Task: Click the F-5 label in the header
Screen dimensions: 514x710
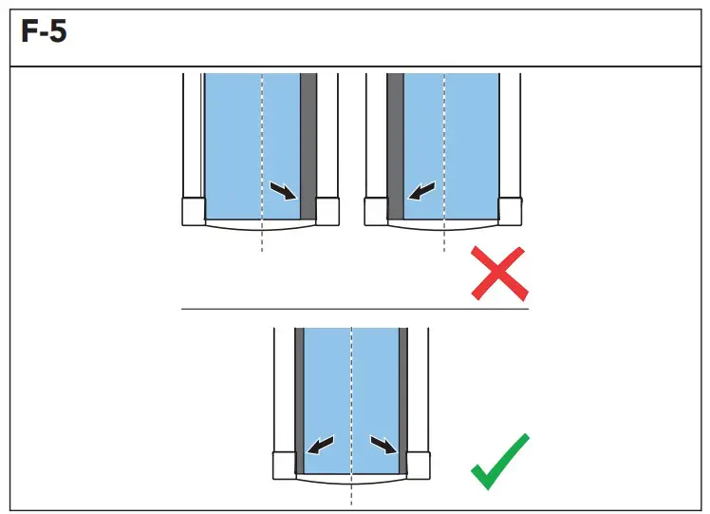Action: pyautogui.click(x=44, y=37)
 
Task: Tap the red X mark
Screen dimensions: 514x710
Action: pyautogui.click(x=499, y=273)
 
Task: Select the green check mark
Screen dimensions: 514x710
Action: pyautogui.click(x=500, y=462)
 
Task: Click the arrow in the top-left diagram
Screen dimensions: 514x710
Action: pyautogui.click(x=282, y=191)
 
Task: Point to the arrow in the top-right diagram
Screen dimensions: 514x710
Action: pyautogui.click(x=421, y=192)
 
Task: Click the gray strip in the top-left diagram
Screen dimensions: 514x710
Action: pyautogui.click(x=308, y=143)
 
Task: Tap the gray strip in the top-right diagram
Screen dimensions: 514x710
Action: pyautogui.click(x=395, y=143)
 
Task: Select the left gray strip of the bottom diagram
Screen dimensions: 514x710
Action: pyautogui.click(x=298, y=399)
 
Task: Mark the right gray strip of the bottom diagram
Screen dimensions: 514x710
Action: pyautogui.click(x=403, y=399)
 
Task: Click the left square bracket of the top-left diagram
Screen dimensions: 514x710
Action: pyautogui.click(x=193, y=210)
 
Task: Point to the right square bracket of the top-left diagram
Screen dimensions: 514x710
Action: pyautogui.click(x=327, y=210)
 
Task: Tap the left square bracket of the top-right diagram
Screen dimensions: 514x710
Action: pyautogui.click(x=376, y=210)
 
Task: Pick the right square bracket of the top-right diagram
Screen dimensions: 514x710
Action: pyautogui.click(x=510, y=210)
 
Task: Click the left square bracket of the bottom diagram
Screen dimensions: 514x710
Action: pyautogui.click(x=284, y=464)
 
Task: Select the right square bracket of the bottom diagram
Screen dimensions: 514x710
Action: pyautogui.click(x=419, y=464)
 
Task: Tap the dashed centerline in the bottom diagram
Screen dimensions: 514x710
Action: pyautogui.click(x=351, y=399)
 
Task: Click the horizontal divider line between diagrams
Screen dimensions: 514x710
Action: pyautogui.click(x=354, y=309)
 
